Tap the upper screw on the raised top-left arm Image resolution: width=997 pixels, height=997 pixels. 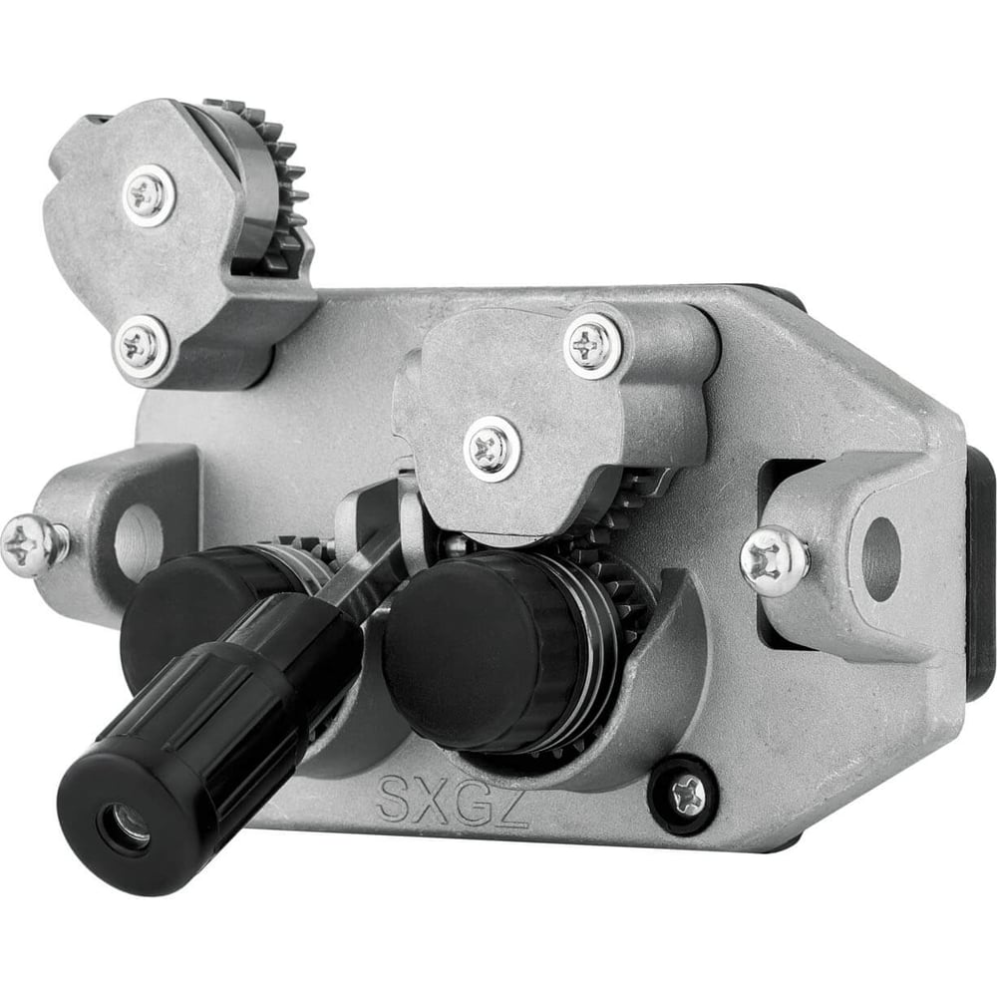click(x=149, y=194)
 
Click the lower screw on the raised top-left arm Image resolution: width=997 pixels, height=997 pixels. click(x=141, y=347)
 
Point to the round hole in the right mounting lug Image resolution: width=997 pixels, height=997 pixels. click(x=880, y=559)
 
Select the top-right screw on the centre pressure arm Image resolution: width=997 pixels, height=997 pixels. click(x=592, y=346)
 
